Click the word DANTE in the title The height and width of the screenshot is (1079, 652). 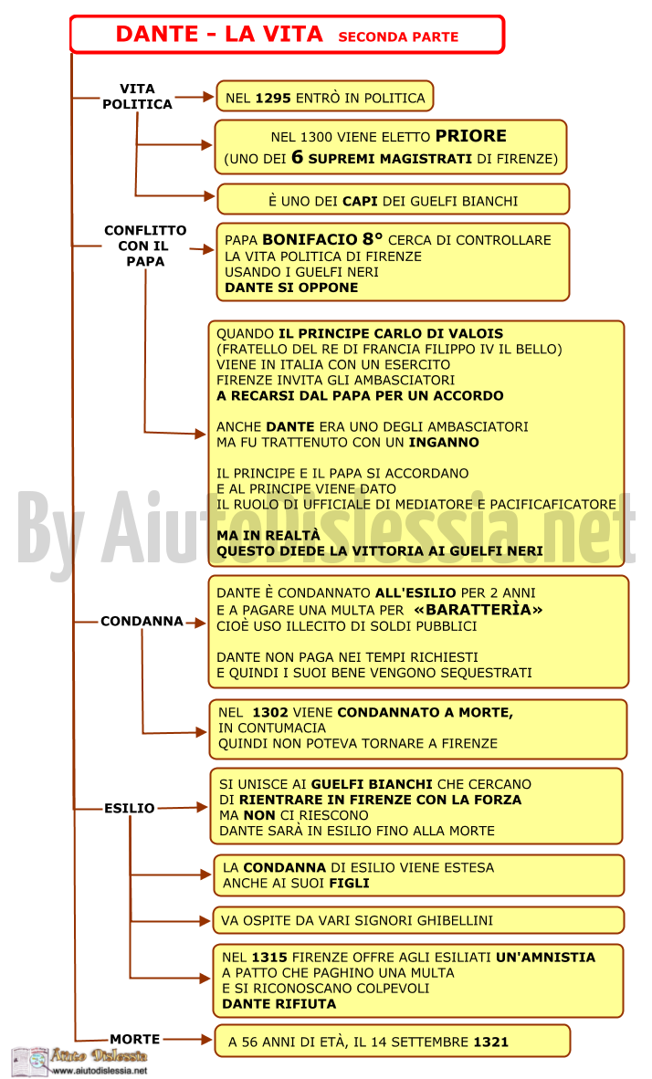pos(157,34)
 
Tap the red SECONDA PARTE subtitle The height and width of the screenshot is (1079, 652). pos(398,37)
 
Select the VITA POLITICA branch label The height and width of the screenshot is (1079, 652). pos(137,97)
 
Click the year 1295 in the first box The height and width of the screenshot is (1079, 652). pos(273,98)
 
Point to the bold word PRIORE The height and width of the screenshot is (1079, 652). pos(471,136)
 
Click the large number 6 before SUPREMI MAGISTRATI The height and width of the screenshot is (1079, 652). pos(297,157)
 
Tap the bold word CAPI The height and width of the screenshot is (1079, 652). pos(360,201)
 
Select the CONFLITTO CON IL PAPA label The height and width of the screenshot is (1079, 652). pos(145,246)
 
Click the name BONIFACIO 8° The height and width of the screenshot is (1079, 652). pos(321,239)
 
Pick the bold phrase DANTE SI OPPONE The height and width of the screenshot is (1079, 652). pos(291,288)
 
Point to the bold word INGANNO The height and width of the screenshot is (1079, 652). pos(444,443)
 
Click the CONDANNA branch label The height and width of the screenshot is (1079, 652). pos(142,622)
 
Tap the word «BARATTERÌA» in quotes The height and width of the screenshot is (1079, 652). pos(478,610)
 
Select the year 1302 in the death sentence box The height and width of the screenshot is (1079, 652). pos(269,712)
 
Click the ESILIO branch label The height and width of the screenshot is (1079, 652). pos(130,808)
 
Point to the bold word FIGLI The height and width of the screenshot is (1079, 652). pos(349,883)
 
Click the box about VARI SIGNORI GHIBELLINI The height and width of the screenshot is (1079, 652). pos(418,920)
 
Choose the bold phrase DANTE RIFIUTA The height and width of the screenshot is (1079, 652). pos(279,1004)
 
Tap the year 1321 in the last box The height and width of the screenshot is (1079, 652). pos(490,1042)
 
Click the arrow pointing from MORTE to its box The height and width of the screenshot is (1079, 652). pos(187,1039)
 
